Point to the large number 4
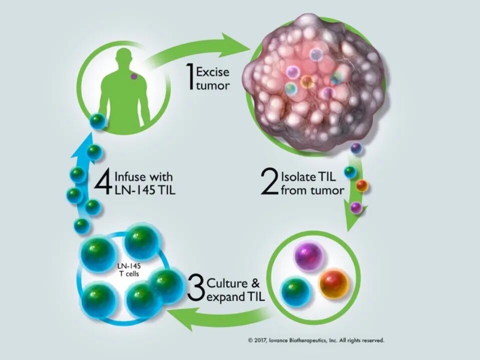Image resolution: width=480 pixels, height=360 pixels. point(103,183)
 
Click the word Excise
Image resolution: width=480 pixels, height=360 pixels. point(213,72)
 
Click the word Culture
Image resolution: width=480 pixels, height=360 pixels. point(226,283)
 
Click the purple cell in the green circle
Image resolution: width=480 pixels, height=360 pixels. point(310,256)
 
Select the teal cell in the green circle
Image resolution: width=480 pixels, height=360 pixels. point(296,291)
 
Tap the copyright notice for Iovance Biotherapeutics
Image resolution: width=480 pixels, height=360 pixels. point(316,340)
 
